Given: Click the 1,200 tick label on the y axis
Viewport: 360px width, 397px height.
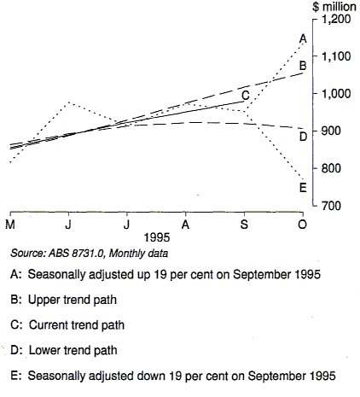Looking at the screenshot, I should coord(334,19).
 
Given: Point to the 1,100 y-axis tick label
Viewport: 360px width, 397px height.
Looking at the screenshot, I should coord(334,56).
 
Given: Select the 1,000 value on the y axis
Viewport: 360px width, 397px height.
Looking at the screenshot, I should coord(334,94).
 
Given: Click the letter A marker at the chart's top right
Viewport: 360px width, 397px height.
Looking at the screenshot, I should coord(303,38).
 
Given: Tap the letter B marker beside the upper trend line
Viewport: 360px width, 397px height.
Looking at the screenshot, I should coord(303,65).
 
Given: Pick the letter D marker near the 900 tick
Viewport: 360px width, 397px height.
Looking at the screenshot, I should coord(303,136).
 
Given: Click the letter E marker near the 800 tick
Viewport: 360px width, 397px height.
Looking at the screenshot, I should coord(303,188).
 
